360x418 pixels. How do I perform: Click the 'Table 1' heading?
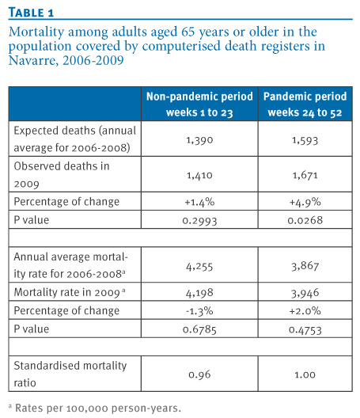[x=31, y=13]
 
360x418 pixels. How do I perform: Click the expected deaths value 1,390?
[x=199, y=140]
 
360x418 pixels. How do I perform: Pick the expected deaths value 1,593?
[x=305, y=140]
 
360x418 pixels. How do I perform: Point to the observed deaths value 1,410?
[x=199, y=175]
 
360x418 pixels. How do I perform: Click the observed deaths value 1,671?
[x=305, y=175]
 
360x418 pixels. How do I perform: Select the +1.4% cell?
[x=199, y=202]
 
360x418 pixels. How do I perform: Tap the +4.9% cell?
[x=305, y=202]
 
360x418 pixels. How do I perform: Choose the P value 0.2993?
[x=199, y=220]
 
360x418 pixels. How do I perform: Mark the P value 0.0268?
[x=305, y=220]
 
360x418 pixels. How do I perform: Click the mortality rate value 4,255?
[x=199, y=266]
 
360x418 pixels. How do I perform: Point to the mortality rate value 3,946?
[x=305, y=293]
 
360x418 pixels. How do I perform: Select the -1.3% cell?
[x=199, y=311]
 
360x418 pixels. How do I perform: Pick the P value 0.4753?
[x=305, y=330]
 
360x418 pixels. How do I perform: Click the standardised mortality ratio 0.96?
[x=199, y=374]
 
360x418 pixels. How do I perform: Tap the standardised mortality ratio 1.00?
[x=305, y=374]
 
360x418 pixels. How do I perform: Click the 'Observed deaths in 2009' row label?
[x=62, y=175]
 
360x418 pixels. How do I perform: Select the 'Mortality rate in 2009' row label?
[x=70, y=292]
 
